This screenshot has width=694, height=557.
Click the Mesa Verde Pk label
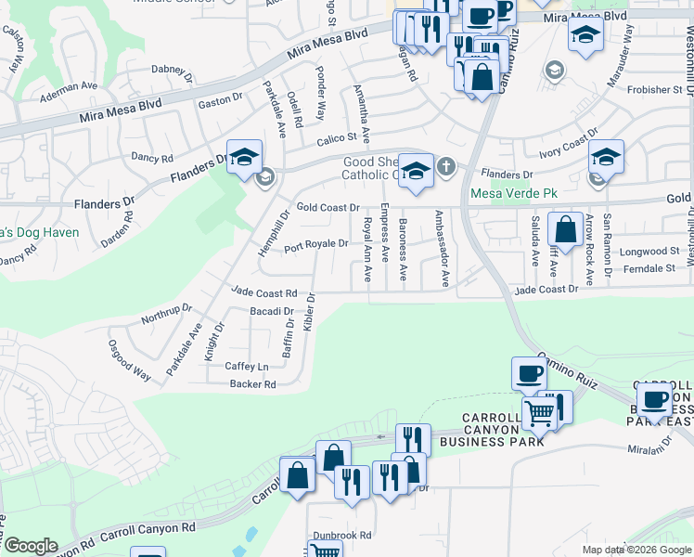[x=513, y=193]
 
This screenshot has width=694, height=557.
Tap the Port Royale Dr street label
[x=315, y=245]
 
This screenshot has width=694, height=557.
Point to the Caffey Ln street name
[x=247, y=366]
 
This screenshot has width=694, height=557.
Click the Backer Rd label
[x=252, y=383]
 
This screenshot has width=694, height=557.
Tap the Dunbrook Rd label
[x=341, y=535]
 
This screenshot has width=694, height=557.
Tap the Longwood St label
[x=649, y=251]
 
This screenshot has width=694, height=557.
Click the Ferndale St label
[x=649, y=267]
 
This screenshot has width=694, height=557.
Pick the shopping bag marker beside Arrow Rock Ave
[x=565, y=228]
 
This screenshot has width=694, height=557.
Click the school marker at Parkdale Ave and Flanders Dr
[x=244, y=157]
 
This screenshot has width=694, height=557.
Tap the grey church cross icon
[x=446, y=167]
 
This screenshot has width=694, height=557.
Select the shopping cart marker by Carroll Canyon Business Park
[x=539, y=413]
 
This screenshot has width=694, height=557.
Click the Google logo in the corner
[x=31, y=546]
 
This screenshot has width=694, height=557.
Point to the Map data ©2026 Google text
[x=636, y=550]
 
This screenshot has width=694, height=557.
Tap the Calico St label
[x=337, y=137]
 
